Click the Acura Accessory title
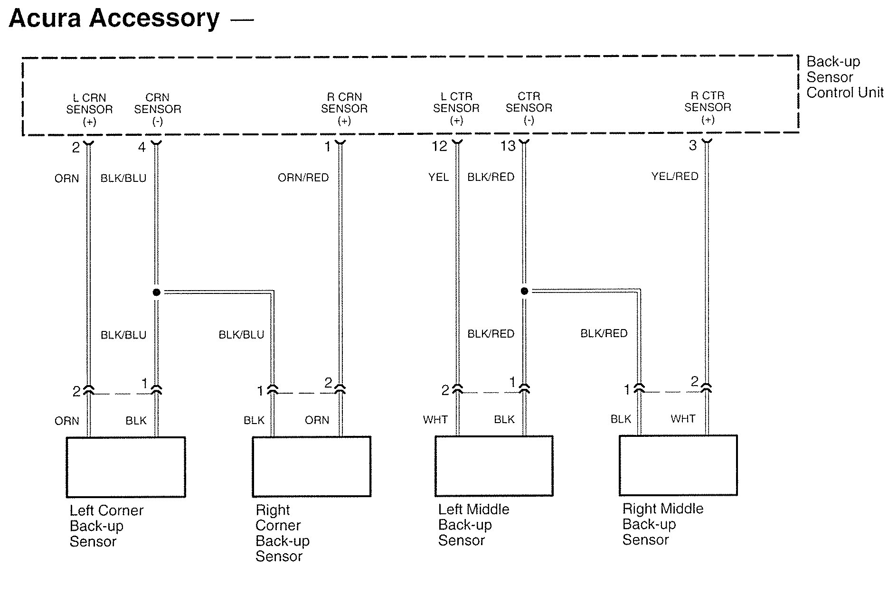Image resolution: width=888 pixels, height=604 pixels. (x=114, y=19)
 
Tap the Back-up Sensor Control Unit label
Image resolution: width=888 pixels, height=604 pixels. (x=844, y=77)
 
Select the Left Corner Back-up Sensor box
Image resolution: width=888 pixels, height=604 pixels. (x=126, y=467)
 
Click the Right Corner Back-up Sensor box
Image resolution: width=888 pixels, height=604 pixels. (x=312, y=467)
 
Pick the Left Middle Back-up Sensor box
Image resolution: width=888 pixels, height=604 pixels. (x=494, y=466)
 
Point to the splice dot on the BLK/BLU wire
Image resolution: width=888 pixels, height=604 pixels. (x=157, y=292)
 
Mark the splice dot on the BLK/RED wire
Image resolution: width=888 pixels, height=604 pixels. (x=524, y=291)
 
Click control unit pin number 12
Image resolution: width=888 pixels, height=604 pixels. (x=439, y=146)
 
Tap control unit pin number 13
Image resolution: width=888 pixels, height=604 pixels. (x=508, y=146)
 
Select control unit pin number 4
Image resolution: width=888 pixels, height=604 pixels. (x=142, y=148)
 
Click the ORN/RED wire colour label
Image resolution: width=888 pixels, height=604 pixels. (x=303, y=178)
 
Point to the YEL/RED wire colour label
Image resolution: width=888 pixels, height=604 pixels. (x=674, y=177)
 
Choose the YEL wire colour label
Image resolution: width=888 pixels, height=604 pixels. (x=438, y=177)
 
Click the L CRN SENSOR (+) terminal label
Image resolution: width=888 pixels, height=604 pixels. (x=89, y=110)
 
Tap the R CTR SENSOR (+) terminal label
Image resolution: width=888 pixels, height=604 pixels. (x=708, y=108)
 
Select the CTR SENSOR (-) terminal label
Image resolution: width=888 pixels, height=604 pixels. (x=529, y=108)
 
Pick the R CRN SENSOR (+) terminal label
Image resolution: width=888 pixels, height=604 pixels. (x=344, y=109)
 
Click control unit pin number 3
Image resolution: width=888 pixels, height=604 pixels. (x=693, y=145)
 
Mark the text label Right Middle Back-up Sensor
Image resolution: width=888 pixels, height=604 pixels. (x=662, y=524)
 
